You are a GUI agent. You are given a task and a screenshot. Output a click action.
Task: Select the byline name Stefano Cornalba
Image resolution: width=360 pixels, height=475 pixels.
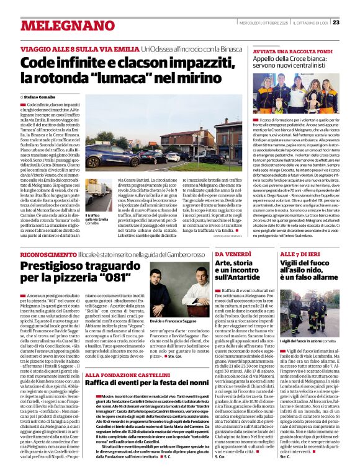click(x=40, y=97)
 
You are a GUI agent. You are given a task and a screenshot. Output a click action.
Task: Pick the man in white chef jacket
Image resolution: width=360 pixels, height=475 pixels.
click(x=187, y=296)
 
